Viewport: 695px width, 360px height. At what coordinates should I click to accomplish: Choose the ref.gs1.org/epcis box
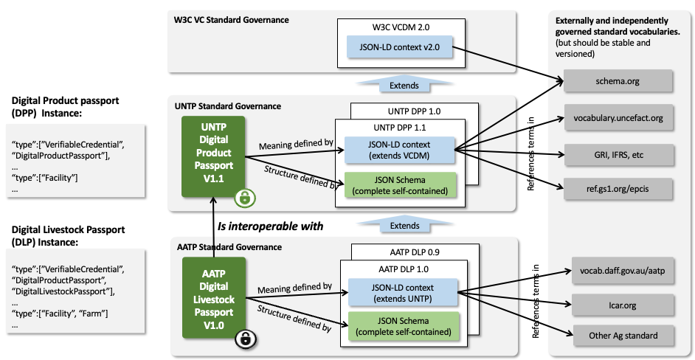(x=618, y=190)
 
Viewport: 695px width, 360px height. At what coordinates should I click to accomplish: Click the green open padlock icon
(x=244, y=198)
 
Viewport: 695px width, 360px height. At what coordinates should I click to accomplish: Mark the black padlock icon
(x=245, y=339)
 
